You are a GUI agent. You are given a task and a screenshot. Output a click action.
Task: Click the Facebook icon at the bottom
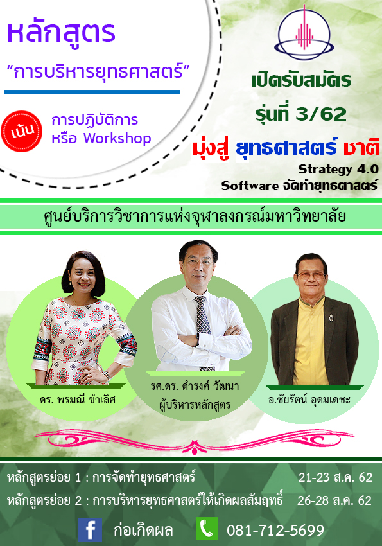(x=90, y=530)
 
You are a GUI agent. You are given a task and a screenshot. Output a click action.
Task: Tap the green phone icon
(x=207, y=529)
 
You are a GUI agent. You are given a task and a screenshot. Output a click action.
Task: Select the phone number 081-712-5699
(x=275, y=531)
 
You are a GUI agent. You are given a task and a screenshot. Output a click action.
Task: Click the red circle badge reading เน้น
(x=22, y=131)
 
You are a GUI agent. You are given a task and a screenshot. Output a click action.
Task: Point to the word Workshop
(x=117, y=139)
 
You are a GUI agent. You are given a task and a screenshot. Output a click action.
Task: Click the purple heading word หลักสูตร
(x=61, y=32)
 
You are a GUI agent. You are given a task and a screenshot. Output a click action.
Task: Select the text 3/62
(x=322, y=114)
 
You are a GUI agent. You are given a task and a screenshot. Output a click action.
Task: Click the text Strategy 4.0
(x=338, y=169)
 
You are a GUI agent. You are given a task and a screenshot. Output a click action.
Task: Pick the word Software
(x=250, y=186)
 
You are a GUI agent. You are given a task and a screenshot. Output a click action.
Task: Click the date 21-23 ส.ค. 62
(x=335, y=477)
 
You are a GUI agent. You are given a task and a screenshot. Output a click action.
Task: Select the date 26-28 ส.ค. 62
(x=334, y=500)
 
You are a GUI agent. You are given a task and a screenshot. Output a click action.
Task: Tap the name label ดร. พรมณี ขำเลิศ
(x=77, y=400)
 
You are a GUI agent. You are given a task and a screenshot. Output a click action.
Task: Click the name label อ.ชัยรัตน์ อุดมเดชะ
(x=309, y=400)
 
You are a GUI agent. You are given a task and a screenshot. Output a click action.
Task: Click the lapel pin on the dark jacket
(x=331, y=317)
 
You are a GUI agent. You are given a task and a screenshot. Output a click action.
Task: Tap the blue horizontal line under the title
(x=92, y=92)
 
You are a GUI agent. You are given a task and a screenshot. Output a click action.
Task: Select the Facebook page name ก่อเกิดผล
(x=143, y=531)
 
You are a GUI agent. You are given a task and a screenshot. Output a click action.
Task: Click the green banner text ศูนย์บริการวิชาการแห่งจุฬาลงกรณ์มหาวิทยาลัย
(x=195, y=216)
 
